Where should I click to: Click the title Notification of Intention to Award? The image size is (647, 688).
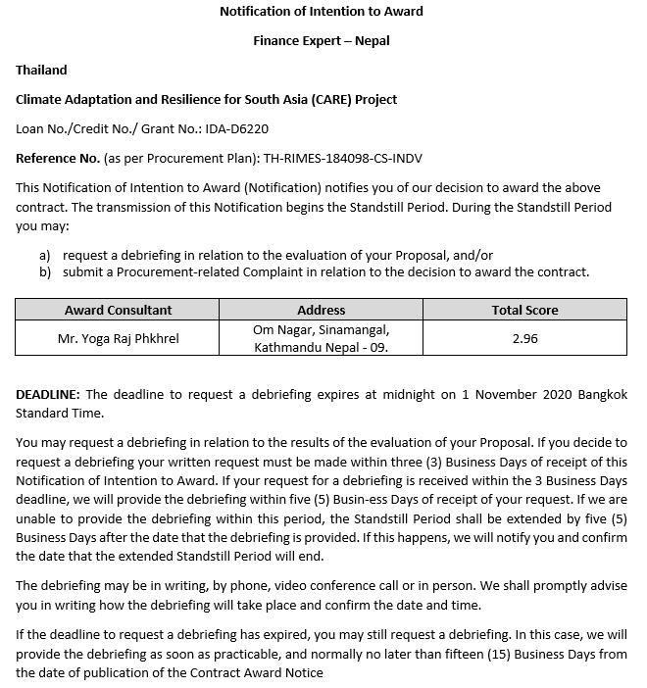coord(322,12)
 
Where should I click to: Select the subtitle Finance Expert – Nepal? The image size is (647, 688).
coord(322,41)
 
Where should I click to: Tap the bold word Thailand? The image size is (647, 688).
coord(41,71)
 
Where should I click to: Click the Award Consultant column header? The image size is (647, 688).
coord(118,310)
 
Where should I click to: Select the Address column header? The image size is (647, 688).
coord(321,310)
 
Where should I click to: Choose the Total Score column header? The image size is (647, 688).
coord(524,310)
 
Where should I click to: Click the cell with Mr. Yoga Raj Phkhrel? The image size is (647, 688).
coord(118,338)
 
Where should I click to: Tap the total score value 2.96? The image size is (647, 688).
coord(524,338)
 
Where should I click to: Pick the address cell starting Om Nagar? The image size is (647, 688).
coord(321,338)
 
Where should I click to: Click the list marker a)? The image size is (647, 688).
coord(45,255)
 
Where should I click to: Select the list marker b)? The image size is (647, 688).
coord(45,272)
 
